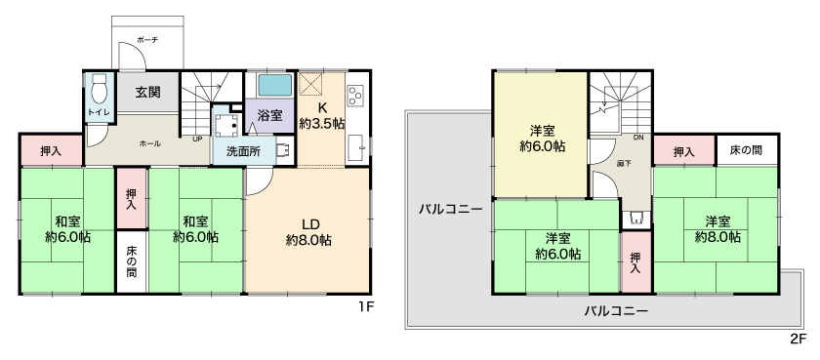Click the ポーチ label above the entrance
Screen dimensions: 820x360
pos(147,40)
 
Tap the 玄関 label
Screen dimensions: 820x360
pos(148,93)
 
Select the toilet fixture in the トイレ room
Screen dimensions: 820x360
pos(99,89)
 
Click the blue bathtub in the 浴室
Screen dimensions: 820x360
pos(274,85)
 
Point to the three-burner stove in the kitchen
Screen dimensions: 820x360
pos(355,97)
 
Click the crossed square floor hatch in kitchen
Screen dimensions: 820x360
pos(311,85)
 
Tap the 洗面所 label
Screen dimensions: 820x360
pos(243,151)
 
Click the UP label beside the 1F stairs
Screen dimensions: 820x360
pos(197,140)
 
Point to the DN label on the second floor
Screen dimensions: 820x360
pos(638,138)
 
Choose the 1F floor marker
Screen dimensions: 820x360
pos(366,306)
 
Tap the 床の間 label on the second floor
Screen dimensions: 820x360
pos(746,151)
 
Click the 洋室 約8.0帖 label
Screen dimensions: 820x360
pos(717,229)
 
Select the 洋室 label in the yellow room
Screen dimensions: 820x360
pos(543,131)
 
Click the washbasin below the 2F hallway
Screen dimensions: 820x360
pos(636,219)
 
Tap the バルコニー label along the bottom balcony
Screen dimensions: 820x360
pos(616,312)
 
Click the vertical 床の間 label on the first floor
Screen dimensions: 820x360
pos(131,261)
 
